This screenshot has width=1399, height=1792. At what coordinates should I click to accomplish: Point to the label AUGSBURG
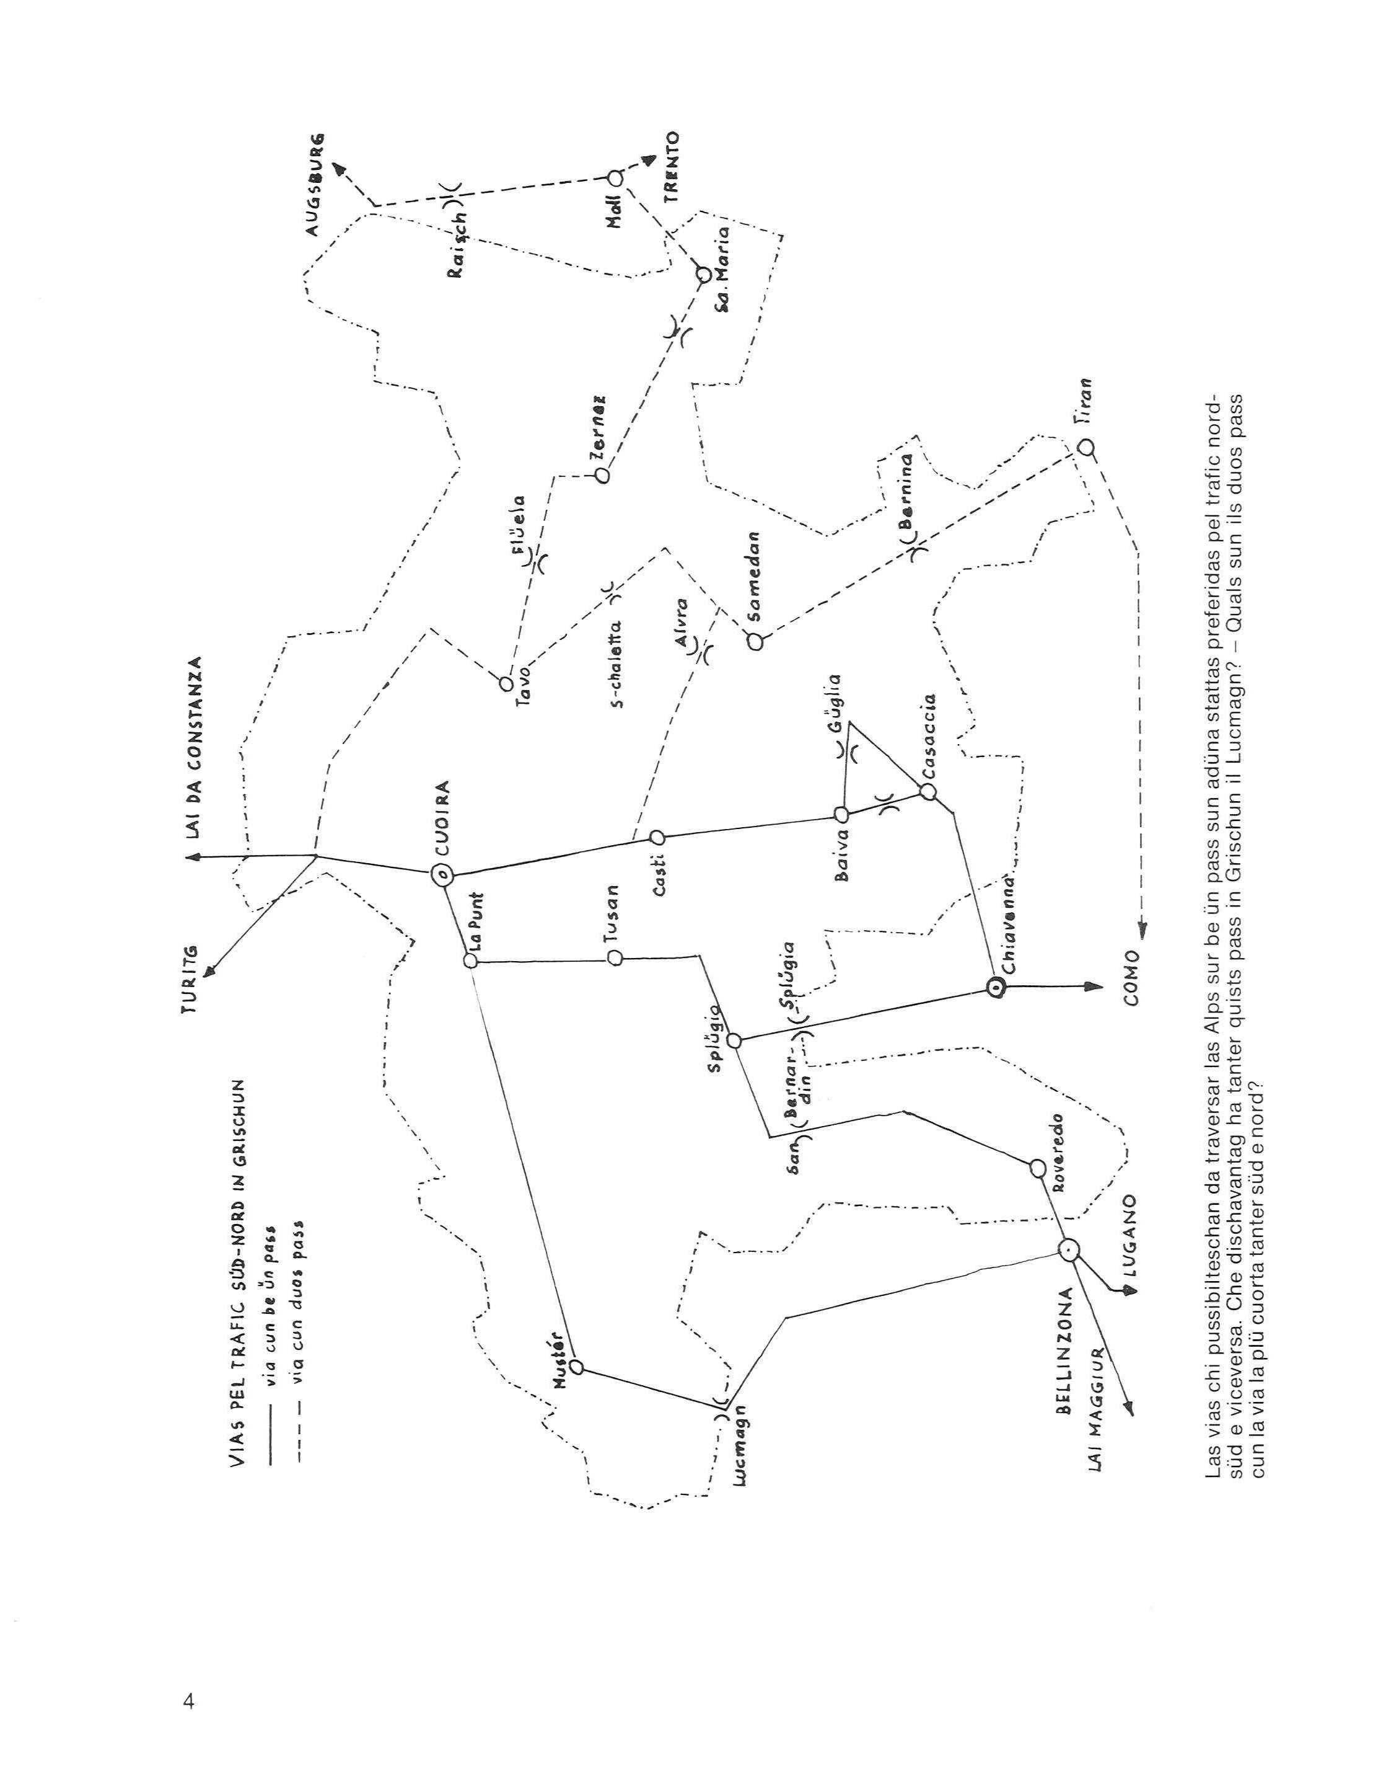tap(317, 185)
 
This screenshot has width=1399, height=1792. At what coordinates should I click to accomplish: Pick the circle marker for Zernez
tap(603, 474)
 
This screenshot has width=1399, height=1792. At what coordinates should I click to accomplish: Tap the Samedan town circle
tap(755, 642)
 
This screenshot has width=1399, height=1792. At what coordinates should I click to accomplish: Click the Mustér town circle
tap(576, 1367)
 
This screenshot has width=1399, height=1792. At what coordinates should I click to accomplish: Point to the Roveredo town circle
tap(1037, 1168)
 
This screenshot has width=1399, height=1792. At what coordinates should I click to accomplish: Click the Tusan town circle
tap(614, 957)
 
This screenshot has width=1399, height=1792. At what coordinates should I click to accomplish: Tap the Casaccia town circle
tap(928, 792)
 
